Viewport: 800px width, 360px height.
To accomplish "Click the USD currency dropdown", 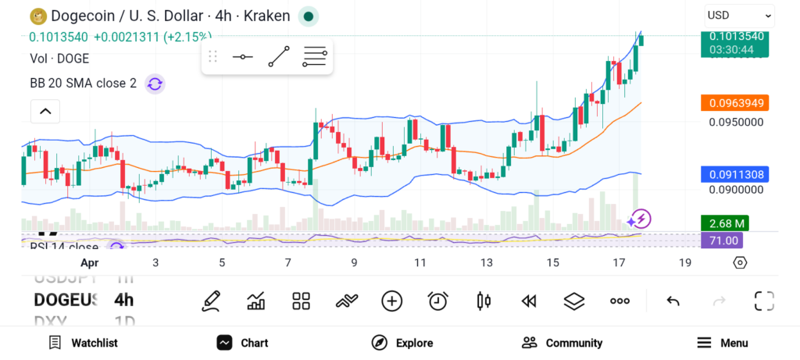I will pyautogui.click(x=739, y=15).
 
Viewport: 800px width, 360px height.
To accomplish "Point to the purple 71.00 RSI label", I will pyautogui.click(x=723, y=241).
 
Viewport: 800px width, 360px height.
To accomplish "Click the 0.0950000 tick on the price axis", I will pyautogui.click(x=736, y=122).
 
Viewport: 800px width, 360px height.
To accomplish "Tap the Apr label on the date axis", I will pyautogui.click(x=90, y=262).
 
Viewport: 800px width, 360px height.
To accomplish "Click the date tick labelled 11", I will pyautogui.click(x=420, y=262).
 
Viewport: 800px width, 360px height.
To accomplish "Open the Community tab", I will pyautogui.click(x=562, y=343).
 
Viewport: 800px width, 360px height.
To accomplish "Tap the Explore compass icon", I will pyautogui.click(x=380, y=343).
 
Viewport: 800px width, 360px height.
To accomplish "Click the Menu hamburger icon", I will pyautogui.click(x=704, y=343).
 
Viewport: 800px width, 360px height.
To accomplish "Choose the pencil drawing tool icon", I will pyautogui.click(x=211, y=301).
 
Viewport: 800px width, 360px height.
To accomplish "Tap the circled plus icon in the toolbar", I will pyautogui.click(x=391, y=301).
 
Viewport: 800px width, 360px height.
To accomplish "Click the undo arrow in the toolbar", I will pyautogui.click(x=673, y=301).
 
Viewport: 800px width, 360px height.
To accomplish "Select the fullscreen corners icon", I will pyautogui.click(x=764, y=301).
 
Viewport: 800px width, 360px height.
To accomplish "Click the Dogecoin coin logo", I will pyautogui.click(x=36, y=16).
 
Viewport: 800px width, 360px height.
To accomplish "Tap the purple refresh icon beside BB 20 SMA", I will pyautogui.click(x=155, y=84).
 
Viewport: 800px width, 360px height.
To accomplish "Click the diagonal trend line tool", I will pyautogui.click(x=278, y=57).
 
